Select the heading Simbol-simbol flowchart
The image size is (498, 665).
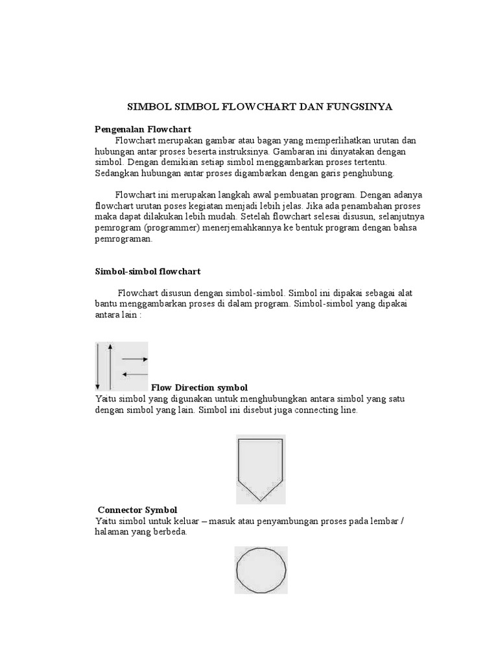[148, 271]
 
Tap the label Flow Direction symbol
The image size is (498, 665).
[199, 388]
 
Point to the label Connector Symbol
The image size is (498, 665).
[137, 510]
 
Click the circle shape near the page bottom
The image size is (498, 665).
[261, 570]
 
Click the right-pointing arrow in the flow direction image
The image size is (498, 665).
[135, 359]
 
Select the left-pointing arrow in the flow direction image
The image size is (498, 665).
[135, 374]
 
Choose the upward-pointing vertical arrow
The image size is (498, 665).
[111, 366]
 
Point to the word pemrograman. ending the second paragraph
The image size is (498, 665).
[124, 238]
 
